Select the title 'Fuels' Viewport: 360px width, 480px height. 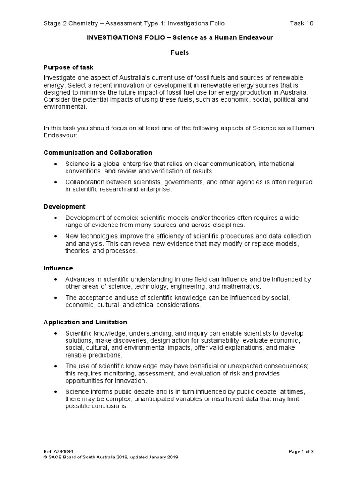(180, 52)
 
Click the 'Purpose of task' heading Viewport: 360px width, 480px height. (68, 67)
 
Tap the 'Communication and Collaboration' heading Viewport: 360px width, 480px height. (97, 153)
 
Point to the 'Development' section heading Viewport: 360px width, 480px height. (65, 206)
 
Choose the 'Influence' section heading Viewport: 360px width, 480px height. (58, 268)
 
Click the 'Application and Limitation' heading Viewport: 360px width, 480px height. (85, 322)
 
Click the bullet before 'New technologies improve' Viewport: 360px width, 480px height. (56, 236)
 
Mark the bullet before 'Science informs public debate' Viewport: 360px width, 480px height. (56, 391)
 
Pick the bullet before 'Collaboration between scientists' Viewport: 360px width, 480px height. (56, 182)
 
